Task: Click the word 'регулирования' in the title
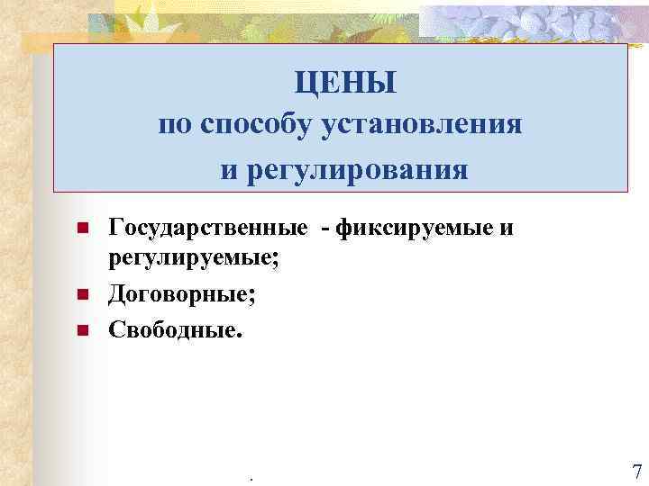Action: pyautogui.click(x=359, y=168)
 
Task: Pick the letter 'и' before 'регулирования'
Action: pyautogui.click(x=230, y=168)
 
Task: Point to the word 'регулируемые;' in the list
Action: pyautogui.click(x=194, y=260)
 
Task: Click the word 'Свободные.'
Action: pyautogui.click(x=176, y=328)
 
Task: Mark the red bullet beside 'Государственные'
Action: pyautogui.click(x=81, y=231)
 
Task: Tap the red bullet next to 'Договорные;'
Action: pyautogui.click(x=81, y=295)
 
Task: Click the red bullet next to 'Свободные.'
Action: pyautogui.click(x=81, y=330)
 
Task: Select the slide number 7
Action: pyautogui.click(x=636, y=472)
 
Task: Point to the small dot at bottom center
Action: pyautogui.click(x=250, y=477)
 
